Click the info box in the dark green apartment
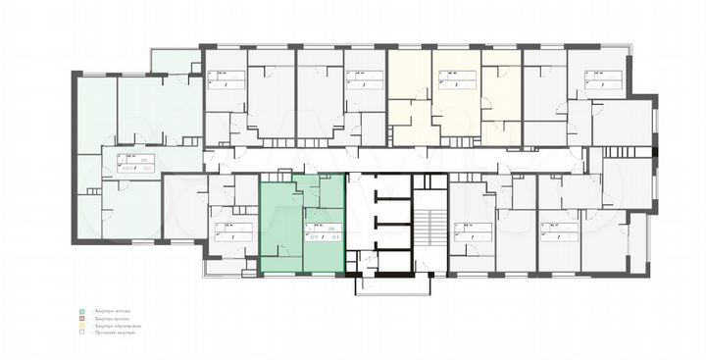tap(323, 231)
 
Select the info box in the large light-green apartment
tap(136, 163)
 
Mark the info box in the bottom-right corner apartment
tap(561, 231)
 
